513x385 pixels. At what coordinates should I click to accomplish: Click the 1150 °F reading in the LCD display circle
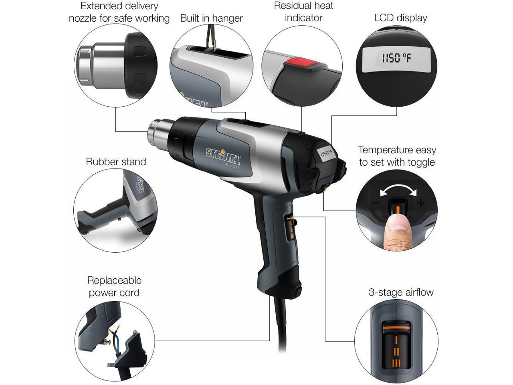pos(396,59)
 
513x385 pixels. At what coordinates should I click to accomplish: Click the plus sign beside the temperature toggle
pos(420,203)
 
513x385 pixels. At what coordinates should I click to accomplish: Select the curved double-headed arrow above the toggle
pos(397,190)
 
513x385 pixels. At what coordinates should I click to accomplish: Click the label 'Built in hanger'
pos(211,18)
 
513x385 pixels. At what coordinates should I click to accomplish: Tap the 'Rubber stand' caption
pos(116,162)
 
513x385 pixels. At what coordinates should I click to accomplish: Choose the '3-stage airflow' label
pos(401,292)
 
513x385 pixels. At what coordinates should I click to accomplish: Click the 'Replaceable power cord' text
pos(114,286)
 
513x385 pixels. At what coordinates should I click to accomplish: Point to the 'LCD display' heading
pos(400,18)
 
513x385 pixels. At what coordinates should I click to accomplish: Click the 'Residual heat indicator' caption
pos(303,12)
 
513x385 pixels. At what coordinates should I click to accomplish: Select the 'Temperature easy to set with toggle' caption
pos(397,156)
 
